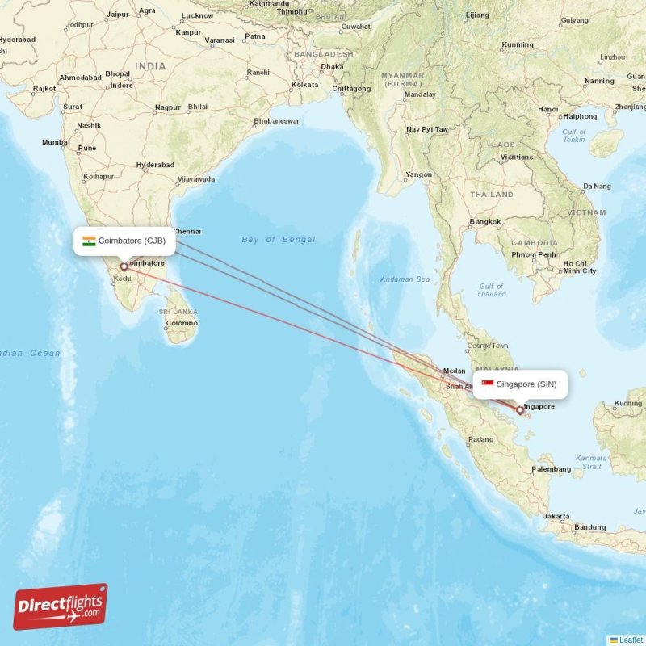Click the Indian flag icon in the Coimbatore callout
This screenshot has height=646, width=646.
[x=89, y=241]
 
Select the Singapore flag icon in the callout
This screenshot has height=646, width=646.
[x=488, y=384]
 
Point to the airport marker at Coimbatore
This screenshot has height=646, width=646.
[x=124, y=266]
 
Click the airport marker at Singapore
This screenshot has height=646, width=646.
[x=519, y=409]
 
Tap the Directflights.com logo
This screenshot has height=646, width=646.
[x=61, y=606]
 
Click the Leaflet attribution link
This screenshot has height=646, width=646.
[x=631, y=640]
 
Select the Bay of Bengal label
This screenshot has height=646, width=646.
[x=278, y=239]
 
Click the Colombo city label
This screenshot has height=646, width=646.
[x=181, y=323]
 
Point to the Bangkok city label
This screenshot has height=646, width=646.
[x=485, y=221]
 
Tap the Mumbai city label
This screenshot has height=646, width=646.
[x=56, y=142]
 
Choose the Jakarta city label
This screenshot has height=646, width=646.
[x=556, y=516]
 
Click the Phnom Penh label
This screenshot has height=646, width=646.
[x=533, y=254]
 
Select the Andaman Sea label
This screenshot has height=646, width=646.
[x=405, y=279]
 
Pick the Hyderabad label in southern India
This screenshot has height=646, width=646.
[x=155, y=165]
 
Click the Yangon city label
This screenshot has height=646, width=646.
[x=419, y=174]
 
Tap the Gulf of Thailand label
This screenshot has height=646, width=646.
[x=491, y=290]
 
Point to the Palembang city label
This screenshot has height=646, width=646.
[x=552, y=468]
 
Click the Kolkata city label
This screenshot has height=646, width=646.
[x=305, y=84]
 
